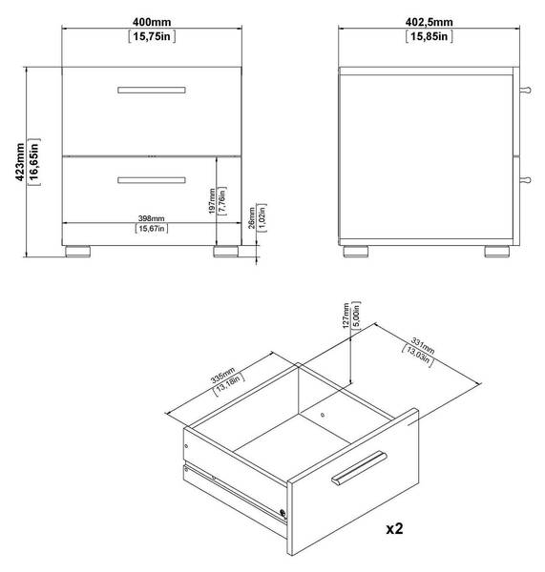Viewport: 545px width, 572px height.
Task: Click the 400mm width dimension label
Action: pos(152,22)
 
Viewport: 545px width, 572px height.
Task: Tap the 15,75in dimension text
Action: pos(152,36)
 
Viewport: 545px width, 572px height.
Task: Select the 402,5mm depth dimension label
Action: pos(429,22)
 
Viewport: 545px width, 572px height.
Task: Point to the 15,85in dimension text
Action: pos(429,36)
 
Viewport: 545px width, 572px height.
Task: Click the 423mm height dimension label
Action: pos(20,162)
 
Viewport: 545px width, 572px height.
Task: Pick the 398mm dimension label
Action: pos(151,218)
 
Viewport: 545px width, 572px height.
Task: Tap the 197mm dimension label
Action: pos(212,201)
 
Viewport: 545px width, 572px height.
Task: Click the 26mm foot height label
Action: pos(252,217)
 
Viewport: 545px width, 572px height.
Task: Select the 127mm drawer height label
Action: pos(346,316)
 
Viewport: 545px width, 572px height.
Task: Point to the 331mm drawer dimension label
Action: pos(423,345)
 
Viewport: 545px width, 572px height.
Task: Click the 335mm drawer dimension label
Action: pos(222,376)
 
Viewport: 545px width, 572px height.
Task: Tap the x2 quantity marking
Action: pos(394,528)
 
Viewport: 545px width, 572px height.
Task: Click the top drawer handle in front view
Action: pos(152,90)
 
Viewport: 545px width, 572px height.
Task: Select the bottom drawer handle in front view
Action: pos(152,180)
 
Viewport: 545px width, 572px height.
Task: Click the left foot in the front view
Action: pos(78,252)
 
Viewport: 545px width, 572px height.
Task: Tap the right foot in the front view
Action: pos(226,252)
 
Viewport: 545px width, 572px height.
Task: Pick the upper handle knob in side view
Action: pos(525,90)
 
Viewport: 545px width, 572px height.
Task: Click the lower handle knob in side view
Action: pos(525,180)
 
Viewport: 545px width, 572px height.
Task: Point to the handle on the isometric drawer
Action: pos(359,468)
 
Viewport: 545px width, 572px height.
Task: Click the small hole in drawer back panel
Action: pos(323,415)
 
